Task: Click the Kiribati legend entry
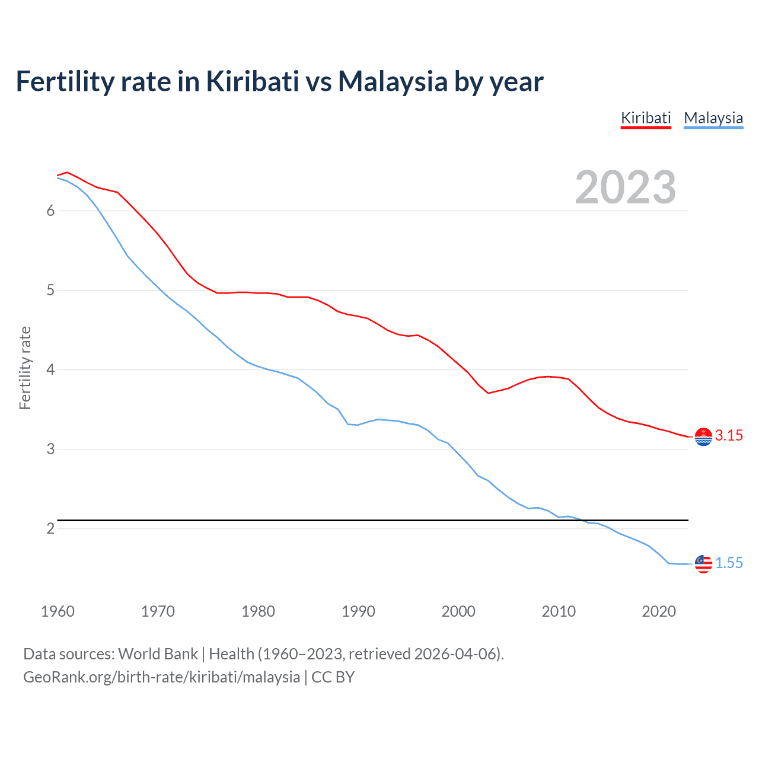[x=646, y=118]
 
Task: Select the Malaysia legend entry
[x=713, y=118]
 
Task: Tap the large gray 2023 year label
[x=626, y=187]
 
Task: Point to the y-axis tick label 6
[x=50, y=211]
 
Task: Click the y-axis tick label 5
[x=50, y=290]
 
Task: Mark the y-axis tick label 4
[x=50, y=369]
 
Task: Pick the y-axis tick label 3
[x=50, y=449]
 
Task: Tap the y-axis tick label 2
[x=50, y=528]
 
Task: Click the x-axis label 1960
[x=58, y=611]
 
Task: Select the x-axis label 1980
[x=258, y=611]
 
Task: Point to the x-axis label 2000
[x=458, y=611]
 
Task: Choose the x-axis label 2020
[x=659, y=611]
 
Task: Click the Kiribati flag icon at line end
[x=703, y=436]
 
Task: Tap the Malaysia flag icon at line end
[x=703, y=564]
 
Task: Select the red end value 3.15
[x=729, y=436]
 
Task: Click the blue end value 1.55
[x=729, y=563]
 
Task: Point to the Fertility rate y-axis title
[x=25, y=368]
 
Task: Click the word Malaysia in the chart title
[x=393, y=82]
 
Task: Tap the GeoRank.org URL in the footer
[x=161, y=677]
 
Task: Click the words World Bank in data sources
[x=158, y=654]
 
